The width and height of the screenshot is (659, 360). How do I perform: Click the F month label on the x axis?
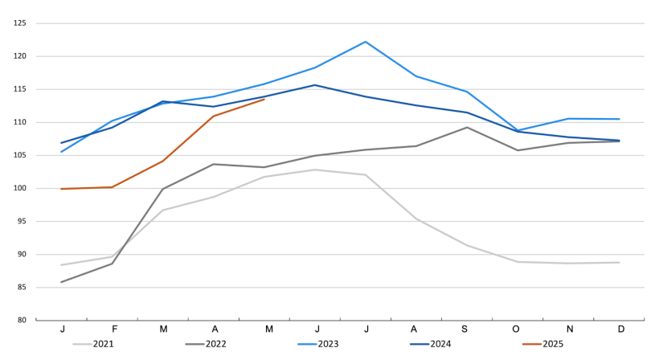click(x=113, y=329)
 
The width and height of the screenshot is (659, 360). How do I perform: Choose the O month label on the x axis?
click(x=518, y=329)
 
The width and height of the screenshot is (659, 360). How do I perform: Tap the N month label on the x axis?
click(x=568, y=329)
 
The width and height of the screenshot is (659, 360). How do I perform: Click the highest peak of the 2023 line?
click(x=366, y=42)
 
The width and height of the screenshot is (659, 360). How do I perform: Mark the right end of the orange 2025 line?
click(x=264, y=100)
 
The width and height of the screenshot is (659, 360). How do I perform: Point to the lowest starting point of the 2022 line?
click(x=62, y=282)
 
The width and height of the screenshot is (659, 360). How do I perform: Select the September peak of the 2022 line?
click(x=467, y=127)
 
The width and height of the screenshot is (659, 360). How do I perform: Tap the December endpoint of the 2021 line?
click(x=619, y=263)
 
